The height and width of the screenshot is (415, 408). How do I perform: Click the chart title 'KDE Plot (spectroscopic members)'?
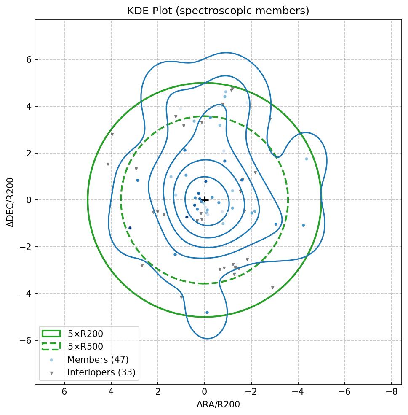click(x=218, y=11)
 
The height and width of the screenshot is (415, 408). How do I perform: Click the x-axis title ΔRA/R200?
click(x=218, y=404)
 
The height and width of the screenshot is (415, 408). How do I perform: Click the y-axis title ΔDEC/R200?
click(x=11, y=202)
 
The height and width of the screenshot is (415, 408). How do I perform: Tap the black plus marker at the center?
click(x=205, y=200)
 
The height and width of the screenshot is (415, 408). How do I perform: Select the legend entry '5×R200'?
click(x=85, y=334)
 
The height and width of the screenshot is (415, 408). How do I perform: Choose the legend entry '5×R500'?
click(x=85, y=347)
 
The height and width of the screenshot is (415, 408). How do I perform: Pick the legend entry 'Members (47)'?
click(x=98, y=360)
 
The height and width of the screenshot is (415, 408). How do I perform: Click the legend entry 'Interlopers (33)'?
click(x=101, y=372)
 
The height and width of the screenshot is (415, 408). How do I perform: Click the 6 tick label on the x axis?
click(x=64, y=392)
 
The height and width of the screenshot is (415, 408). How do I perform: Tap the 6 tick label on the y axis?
click(x=29, y=59)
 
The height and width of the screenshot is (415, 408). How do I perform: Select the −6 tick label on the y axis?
click(x=27, y=340)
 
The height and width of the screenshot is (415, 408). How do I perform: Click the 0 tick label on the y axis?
click(x=29, y=200)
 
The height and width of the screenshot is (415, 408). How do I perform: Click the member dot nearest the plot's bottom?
click(x=207, y=313)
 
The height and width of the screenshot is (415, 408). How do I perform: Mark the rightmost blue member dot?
click(x=307, y=159)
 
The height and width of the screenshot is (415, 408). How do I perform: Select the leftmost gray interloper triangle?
click(x=108, y=164)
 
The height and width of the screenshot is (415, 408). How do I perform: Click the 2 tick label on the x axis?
click(x=158, y=392)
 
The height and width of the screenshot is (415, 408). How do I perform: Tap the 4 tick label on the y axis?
click(x=29, y=106)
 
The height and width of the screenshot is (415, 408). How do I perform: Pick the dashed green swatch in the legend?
click(x=51, y=347)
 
